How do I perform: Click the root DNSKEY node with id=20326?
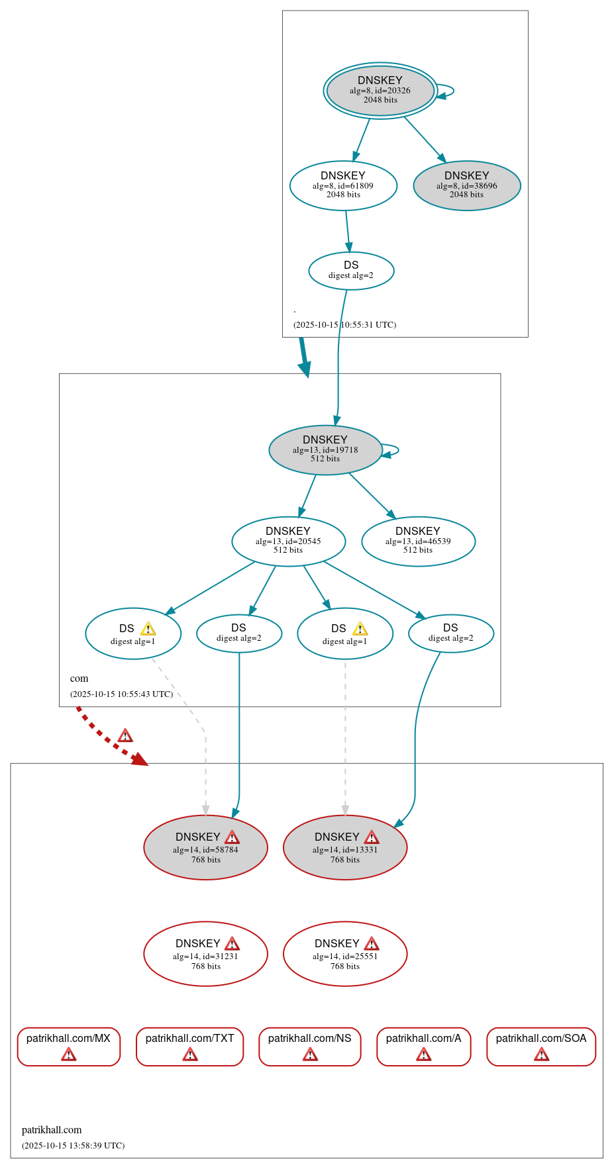click(380, 91)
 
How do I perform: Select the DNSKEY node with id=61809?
click(343, 185)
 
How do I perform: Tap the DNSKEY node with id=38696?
click(467, 185)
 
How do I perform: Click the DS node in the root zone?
click(351, 270)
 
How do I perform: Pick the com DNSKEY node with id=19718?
click(325, 449)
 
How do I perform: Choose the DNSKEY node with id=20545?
click(288, 541)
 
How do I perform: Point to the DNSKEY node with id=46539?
click(418, 541)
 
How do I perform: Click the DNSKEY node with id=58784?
click(205, 847)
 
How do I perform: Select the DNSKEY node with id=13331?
click(345, 847)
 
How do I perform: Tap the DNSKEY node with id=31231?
click(205, 954)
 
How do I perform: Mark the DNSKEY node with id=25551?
click(345, 954)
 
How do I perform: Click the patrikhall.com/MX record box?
click(68, 1046)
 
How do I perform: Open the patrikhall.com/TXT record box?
click(190, 1046)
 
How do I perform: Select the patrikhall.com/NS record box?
click(310, 1046)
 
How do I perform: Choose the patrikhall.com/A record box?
click(424, 1046)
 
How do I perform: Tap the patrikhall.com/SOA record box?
click(541, 1046)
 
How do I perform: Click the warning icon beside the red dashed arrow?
click(125, 736)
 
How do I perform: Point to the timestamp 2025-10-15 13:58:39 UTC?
click(73, 1145)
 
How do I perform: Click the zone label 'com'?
click(79, 678)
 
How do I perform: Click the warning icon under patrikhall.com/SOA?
click(541, 1054)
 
